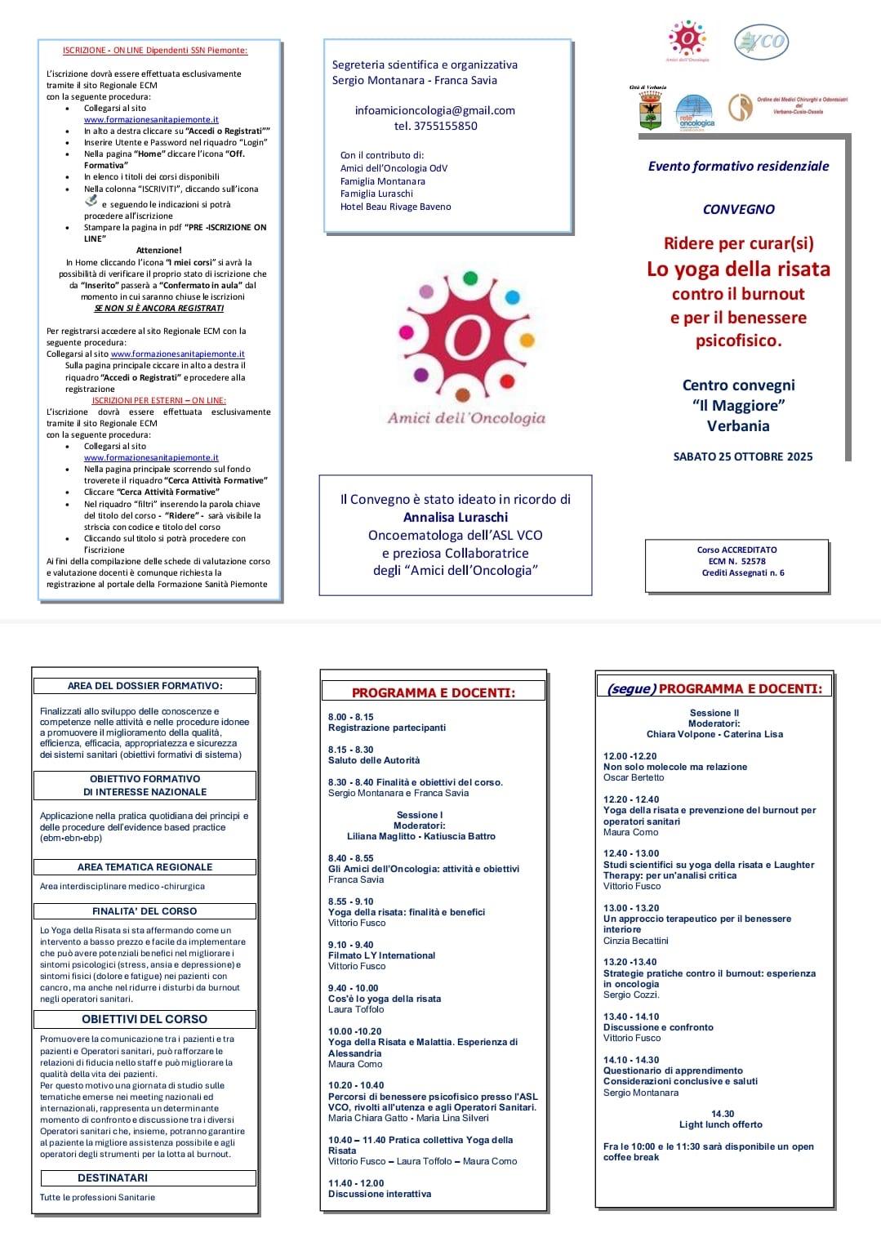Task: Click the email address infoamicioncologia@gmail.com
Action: point(434,110)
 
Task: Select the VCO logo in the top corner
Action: point(760,42)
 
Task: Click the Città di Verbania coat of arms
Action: point(650,110)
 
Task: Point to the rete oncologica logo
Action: point(695,112)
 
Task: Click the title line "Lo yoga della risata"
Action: point(738,269)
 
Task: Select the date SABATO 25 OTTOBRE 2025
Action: point(742,456)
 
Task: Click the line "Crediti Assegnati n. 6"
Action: point(742,572)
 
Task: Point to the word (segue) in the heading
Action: point(631,689)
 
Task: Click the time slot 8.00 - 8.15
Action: point(351,717)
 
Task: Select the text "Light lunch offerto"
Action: point(721,1124)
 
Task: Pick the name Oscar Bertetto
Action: point(634,777)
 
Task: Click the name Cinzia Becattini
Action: point(635,941)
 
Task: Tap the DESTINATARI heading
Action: point(113,1177)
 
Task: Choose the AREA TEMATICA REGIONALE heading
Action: point(145,866)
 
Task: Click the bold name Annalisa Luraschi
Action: point(456,517)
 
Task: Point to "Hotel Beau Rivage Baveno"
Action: point(395,207)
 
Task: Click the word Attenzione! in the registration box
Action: point(159,251)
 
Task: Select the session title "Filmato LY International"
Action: point(381,955)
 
